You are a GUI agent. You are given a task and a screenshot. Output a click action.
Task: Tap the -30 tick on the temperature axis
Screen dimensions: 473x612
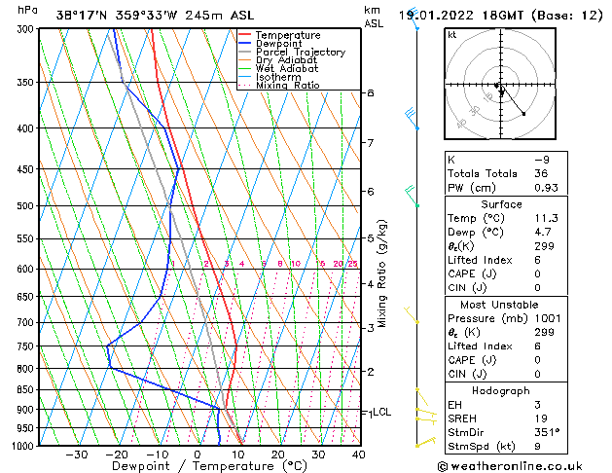[77, 455]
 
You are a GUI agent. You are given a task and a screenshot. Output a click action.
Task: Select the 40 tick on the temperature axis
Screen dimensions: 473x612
[358, 455]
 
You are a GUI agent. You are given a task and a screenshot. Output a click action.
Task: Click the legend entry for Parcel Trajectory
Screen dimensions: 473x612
[300, 52]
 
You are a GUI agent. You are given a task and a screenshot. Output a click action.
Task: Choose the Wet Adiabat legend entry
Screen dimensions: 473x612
[286, 69]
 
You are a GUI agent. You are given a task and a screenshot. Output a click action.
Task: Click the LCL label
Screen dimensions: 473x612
[381, 412]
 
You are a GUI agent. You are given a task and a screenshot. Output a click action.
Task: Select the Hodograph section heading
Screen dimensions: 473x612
[502, 390]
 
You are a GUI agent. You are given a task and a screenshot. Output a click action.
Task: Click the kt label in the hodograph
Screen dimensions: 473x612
[452, 34]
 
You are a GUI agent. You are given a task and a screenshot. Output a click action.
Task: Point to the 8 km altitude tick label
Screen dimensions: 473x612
[370, 92]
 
